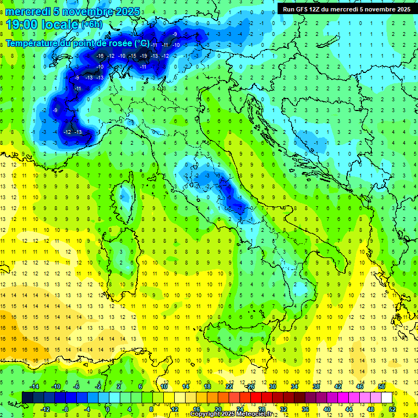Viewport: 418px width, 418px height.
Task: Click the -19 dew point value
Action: click(143, 56)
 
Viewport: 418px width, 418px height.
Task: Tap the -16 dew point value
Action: click(100, 56)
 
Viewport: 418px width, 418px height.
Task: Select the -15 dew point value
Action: click(132, 56)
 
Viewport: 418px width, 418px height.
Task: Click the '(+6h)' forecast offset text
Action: click(91, 25)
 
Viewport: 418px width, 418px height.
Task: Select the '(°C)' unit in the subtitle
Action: click(141, 42)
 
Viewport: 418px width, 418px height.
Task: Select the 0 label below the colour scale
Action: click(107, 409)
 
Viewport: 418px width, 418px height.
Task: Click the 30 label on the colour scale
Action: click(272, 386)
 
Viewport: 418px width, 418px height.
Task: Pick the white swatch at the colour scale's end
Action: click(386, 398)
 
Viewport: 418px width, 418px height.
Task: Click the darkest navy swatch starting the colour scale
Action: click(28, 398)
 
